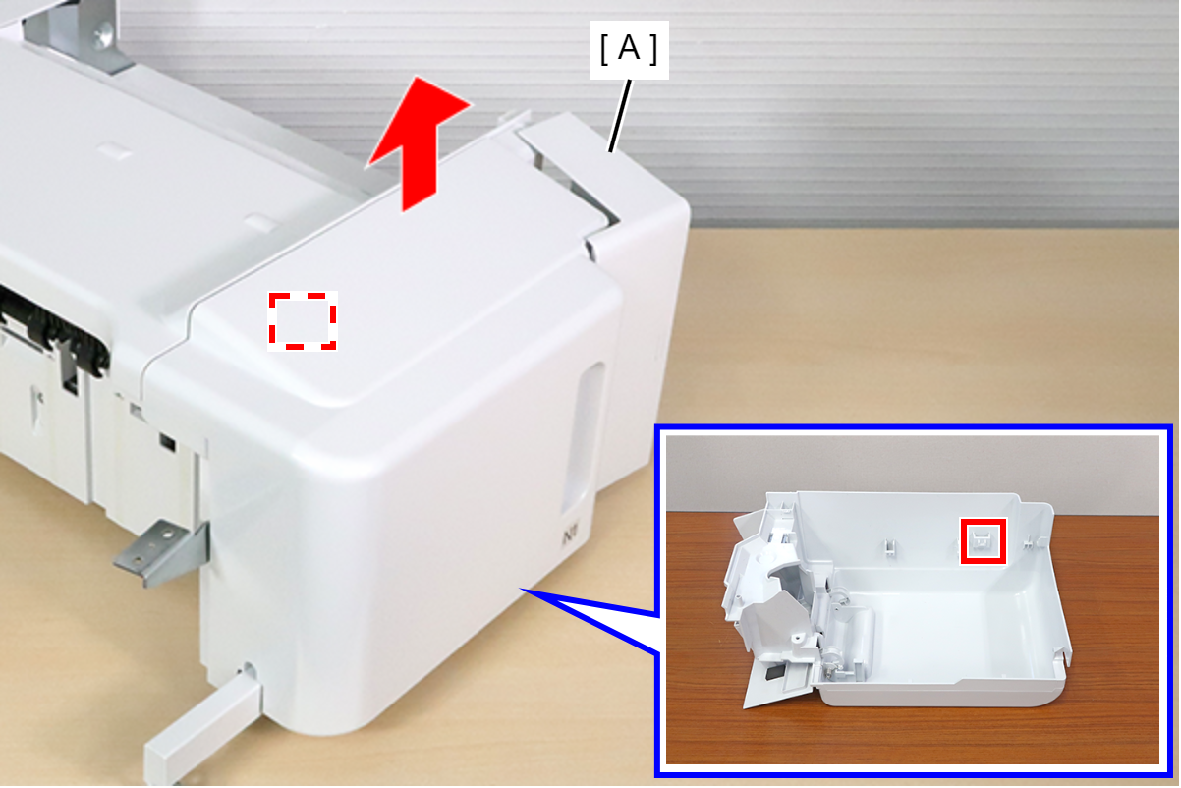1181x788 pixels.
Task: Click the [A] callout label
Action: pyautogui.click(x=629, y=49)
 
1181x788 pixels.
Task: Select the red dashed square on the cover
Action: pyautogui.click(x=302, y=321)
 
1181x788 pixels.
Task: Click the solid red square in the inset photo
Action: pyautogui.click(x=983, y=540)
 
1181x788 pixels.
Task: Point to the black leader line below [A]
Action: pyautogui.click(x=620, y=116)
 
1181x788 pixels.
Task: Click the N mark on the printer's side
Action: pyautogui.click(x=568, y=538)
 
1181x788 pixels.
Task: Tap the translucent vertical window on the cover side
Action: pyautogui.click(x=582, y=438)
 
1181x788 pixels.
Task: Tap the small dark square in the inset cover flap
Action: pyautogui.click(x=773, y=673)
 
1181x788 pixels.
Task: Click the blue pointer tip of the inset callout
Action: pyautogui.click(x=521, y=590)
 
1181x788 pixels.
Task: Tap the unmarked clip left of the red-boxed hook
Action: pyautogui.click(x=889, y=546)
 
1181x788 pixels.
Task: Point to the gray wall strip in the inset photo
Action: pyautogui.click(x=913, y=473)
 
